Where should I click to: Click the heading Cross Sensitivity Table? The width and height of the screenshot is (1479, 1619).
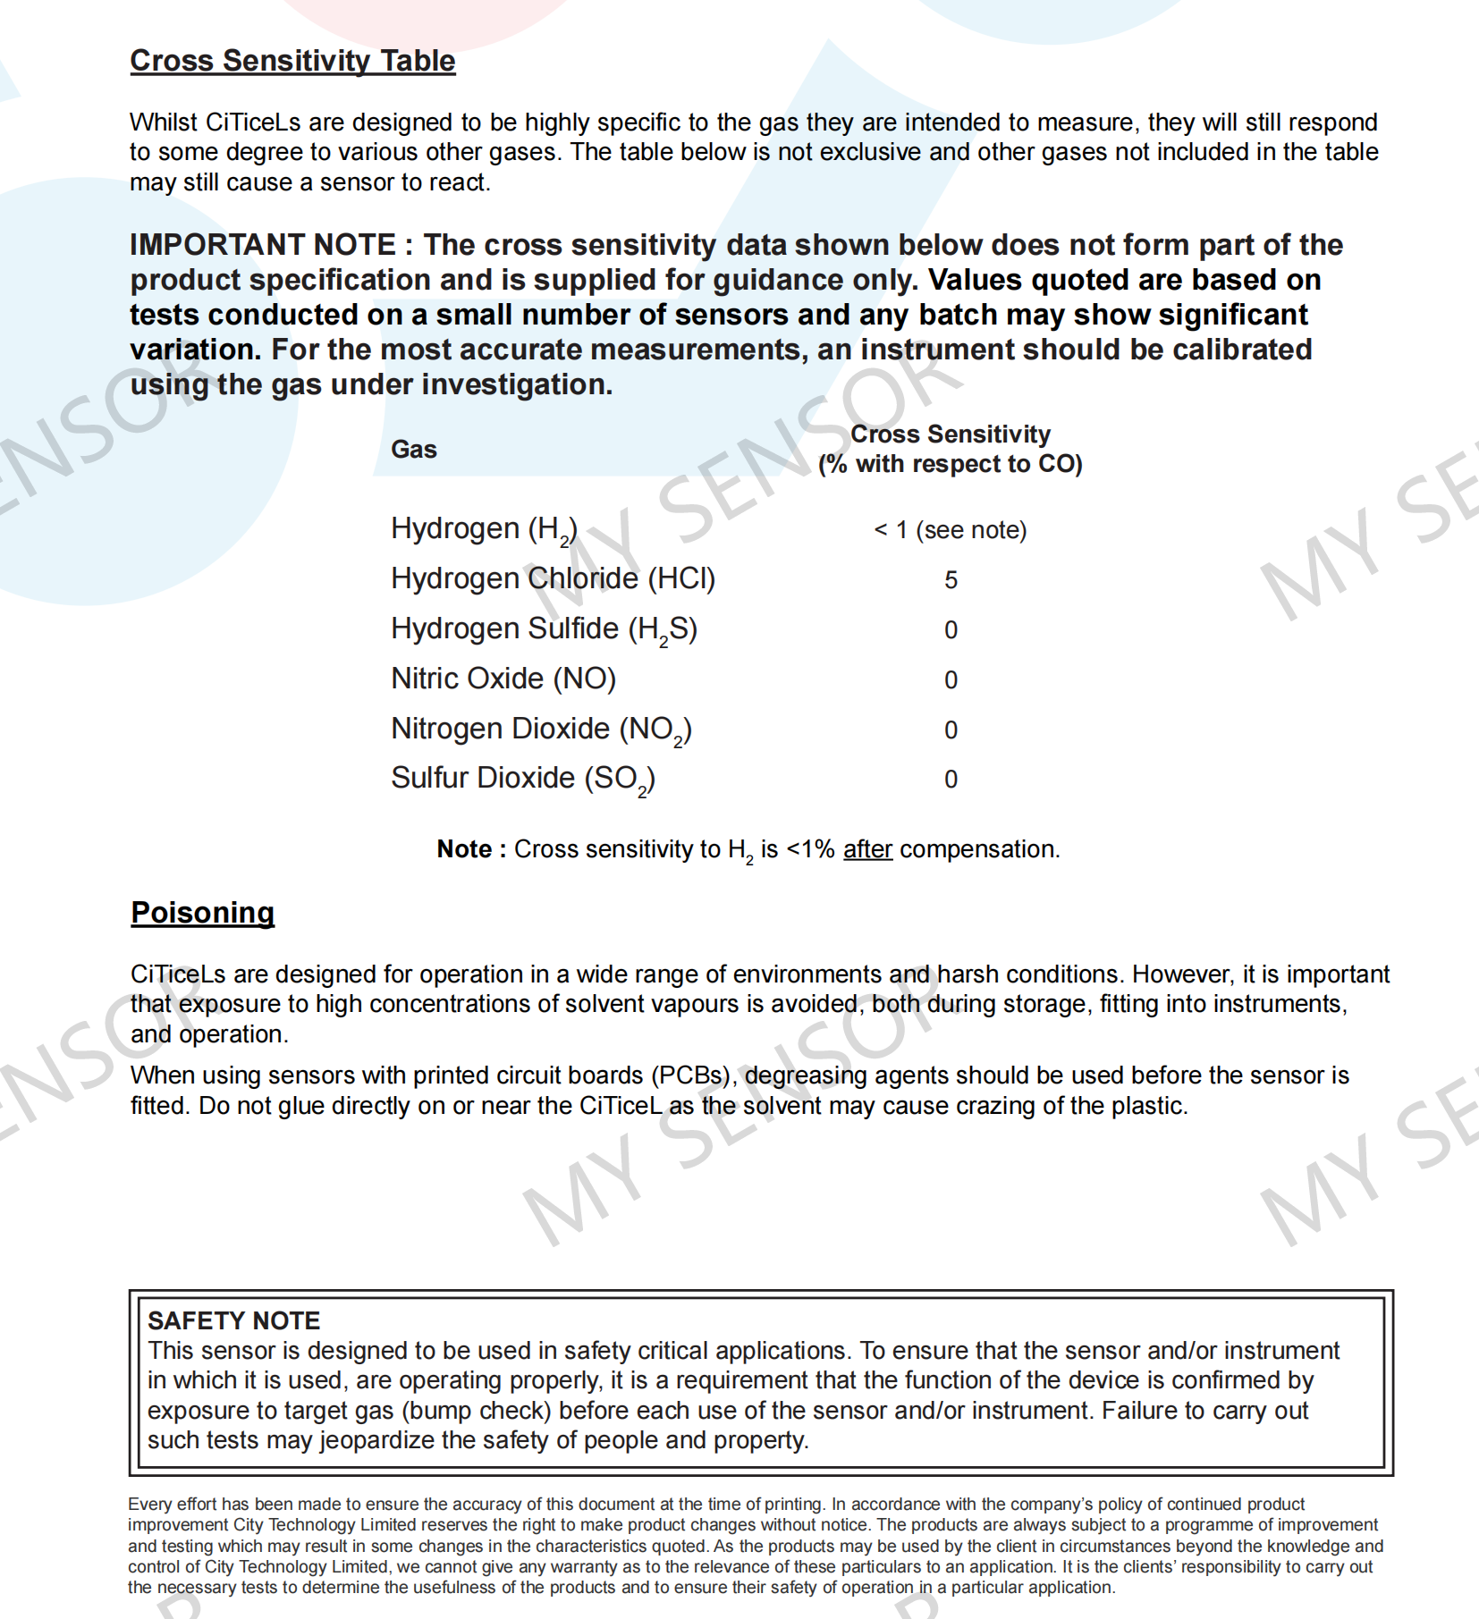pos(292,61)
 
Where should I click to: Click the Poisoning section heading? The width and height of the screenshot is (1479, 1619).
pos(202,913)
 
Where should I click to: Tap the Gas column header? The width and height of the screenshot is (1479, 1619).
pos(413,449)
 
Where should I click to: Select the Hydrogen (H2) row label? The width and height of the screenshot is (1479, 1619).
pos(484,529)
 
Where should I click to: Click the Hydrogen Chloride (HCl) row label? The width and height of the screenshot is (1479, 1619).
pos(553,579)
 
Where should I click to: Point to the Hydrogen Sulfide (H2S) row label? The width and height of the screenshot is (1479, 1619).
pos(544,629)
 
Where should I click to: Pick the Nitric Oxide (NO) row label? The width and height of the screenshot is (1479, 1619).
pos(503,679)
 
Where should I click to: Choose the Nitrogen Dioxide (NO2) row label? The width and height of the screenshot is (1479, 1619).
pos(541,729)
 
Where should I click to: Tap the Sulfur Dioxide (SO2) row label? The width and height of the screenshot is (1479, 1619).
pos(523,779)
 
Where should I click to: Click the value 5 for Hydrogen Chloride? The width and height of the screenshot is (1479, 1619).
pos(951,580)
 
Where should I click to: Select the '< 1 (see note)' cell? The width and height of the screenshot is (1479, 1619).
pos(950,530)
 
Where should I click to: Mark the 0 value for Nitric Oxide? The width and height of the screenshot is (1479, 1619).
pos(951,680)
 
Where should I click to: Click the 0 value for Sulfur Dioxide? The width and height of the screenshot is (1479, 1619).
pos(951,780)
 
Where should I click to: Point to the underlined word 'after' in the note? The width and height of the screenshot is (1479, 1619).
pos(867,849)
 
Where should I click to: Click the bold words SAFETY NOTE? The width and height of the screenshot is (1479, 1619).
pos(233,1320)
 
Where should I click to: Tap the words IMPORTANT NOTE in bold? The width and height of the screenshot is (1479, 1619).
pos(263,245)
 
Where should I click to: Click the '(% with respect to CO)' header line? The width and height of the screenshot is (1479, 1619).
pos(950,464)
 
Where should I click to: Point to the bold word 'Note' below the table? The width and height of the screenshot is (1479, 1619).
pos(464,849)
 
